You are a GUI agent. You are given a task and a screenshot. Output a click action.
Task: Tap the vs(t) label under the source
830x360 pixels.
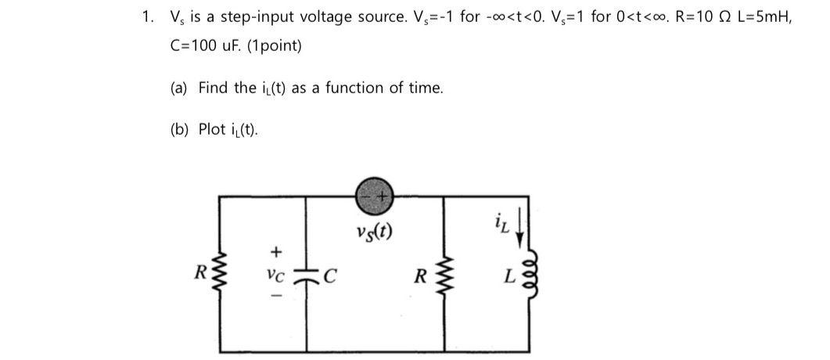(x=373, y=232)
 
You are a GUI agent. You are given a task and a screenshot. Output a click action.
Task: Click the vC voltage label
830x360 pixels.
(x=274, y=275)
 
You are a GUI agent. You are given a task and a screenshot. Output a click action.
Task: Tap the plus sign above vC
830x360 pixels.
(x=275, y=252)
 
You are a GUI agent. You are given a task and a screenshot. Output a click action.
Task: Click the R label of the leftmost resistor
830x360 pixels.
(x=201, y=274)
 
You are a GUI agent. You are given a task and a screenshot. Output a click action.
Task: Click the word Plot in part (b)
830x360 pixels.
(x=211, y=129)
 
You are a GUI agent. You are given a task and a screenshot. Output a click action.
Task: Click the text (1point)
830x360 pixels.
(x=274, y=46)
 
